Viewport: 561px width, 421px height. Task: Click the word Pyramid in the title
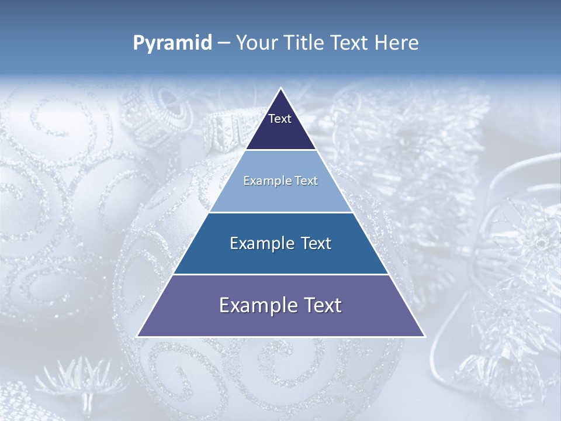point(172,43)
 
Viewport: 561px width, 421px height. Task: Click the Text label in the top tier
point(280,119)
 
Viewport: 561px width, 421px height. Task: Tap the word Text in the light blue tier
point(306,181)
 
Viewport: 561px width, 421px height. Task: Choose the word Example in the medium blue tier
point(259,244)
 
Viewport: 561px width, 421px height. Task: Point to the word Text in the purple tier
point(321,306)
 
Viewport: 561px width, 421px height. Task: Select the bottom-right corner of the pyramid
point(424,336)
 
